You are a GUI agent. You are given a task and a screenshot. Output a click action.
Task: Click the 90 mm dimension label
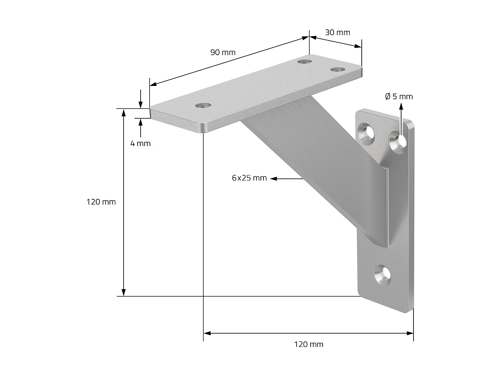coord(223,52)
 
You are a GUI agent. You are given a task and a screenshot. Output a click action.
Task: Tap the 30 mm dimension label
coord(337,32)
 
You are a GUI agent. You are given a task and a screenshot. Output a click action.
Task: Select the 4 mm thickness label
coord(140,143)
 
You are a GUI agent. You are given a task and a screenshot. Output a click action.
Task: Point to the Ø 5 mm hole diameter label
coord(399,97)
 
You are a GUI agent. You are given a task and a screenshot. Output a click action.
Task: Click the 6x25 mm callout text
coord(249,178)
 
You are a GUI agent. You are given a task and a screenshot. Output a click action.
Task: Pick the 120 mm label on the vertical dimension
coord(101,202)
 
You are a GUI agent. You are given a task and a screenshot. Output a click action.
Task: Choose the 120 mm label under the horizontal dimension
coord(309,344)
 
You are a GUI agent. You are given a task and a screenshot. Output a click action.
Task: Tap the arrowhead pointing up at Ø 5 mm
coord(401,107)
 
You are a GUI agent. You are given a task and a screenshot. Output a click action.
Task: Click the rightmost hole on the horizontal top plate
coord(338,70)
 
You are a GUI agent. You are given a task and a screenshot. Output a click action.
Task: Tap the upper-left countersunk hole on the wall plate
coord(367,132)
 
